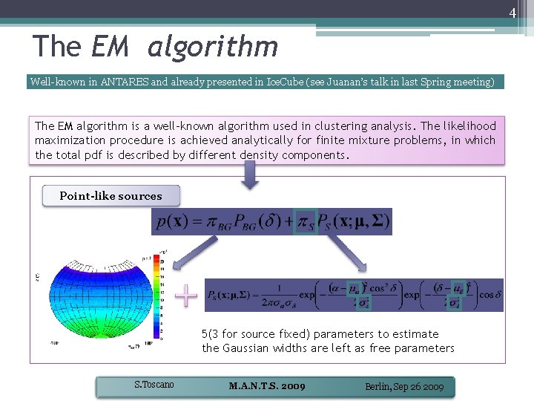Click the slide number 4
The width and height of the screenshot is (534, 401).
[x=511, y=13]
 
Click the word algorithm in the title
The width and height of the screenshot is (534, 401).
[x=213, y=47]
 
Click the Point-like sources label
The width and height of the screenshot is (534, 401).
[x=111, y=196]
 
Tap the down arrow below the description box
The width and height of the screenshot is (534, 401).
[x=250, y=175]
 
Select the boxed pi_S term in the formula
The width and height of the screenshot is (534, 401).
[x=305, y=221]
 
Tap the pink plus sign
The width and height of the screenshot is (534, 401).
[x=186, y=296]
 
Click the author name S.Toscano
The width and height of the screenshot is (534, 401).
[x=154, y=385]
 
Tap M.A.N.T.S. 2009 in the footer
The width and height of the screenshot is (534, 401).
[x=267, y=386]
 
